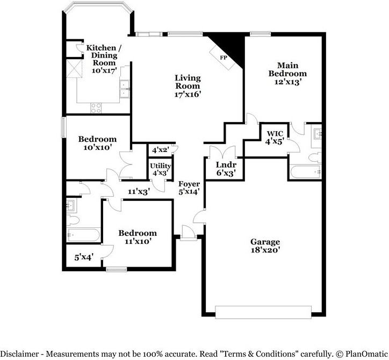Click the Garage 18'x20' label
click(264, 246)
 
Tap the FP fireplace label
click(224, 55)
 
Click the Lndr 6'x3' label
click(226, 168)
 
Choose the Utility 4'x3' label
click(160, 169)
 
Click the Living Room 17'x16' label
click(188, 86)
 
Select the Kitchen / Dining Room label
click(104, 59)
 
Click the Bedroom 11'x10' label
click(138, 237)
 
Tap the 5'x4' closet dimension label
click(84, 257)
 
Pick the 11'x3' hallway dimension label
click(139, 191)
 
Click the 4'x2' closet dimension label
click(161, 150)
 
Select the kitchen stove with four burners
click(96, 107)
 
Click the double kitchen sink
click(125, 89)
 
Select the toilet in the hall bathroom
click(73, 220)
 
